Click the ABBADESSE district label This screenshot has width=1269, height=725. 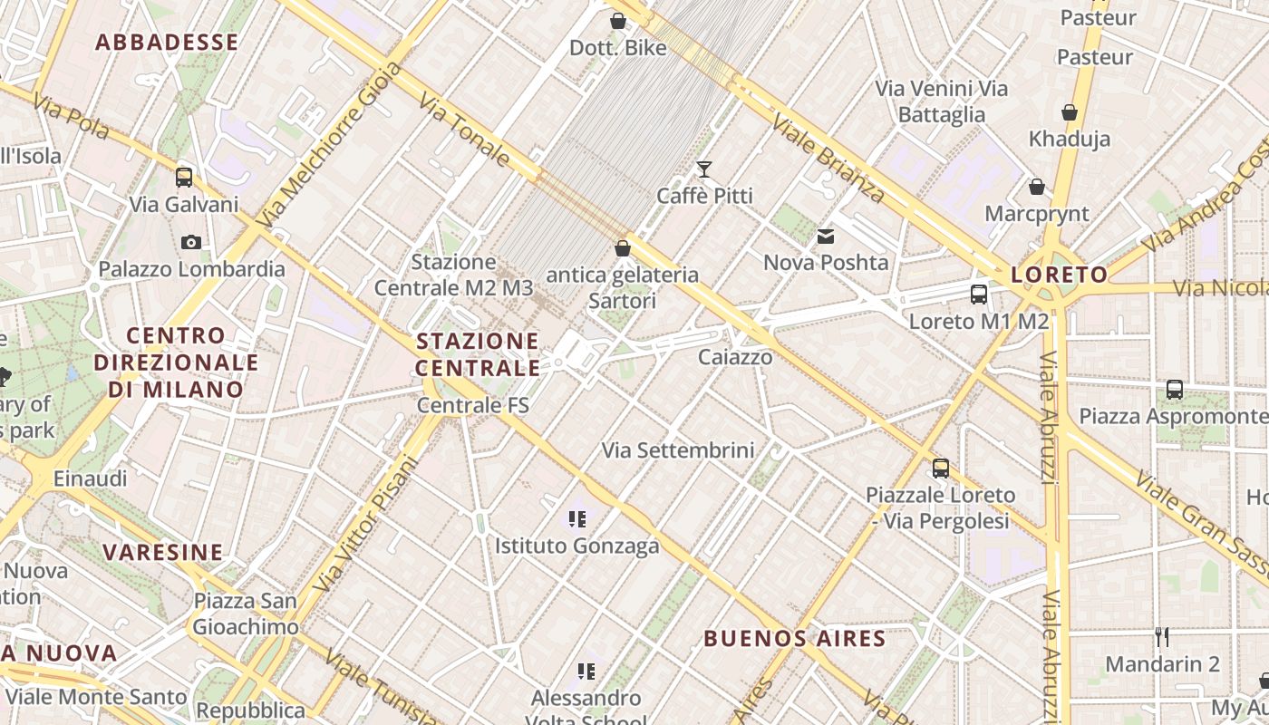point(167,43)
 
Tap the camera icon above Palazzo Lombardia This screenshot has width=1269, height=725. point(190,242)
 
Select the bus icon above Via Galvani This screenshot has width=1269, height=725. point(184,177)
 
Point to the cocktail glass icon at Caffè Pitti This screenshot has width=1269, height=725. point(703,169)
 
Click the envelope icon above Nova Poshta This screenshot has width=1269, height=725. point(826,237)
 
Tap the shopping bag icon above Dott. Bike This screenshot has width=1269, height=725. point(618,21)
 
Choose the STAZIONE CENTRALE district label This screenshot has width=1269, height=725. point(478,354)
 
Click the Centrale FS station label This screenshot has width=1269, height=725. point(472,405)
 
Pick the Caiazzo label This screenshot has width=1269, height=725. point(735,357)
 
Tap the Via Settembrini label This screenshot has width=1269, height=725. point(678,449)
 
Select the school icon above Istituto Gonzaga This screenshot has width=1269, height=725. point(576,519)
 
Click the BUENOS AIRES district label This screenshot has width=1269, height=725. point(795,638)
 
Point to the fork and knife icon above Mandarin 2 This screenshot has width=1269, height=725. point(1162,637)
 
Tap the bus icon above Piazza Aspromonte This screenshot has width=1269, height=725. point(1175,390)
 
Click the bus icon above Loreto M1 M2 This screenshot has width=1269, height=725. point(978,294)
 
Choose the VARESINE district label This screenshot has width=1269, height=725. point(163,552)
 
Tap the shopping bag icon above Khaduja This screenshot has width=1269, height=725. point(1070,112)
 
